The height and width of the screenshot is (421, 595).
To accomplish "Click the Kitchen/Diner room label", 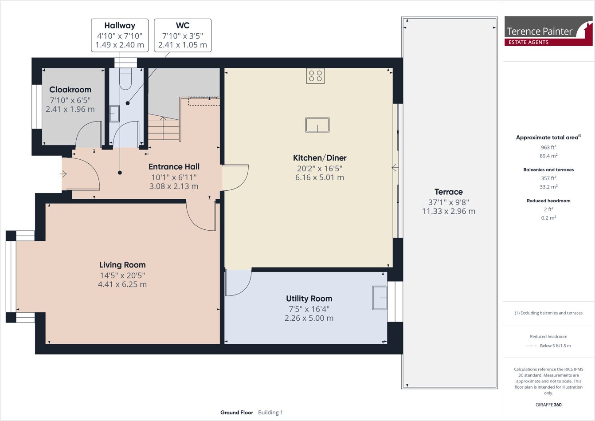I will (x=319, y=158).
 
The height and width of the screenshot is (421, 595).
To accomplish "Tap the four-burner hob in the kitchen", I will (x=315, y=76).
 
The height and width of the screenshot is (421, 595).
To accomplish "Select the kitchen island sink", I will (x=317, y=125).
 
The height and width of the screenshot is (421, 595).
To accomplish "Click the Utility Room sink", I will (x=380, y=298).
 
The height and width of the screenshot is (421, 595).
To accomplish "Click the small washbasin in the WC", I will (x=114, y=114).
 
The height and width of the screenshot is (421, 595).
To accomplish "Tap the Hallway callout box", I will (x=120, y=35).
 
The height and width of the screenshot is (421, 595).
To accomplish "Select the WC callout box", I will (x=183, y=35).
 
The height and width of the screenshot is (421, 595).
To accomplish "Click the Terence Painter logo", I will (x=548, y=31).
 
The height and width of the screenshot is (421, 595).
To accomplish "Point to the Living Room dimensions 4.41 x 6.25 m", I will (x=122, y=284).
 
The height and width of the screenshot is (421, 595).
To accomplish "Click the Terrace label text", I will (x=449, y=192).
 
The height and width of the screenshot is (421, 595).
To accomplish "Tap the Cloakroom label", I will (x=70, y=90).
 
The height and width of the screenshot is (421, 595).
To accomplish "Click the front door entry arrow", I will (x=63, y=174).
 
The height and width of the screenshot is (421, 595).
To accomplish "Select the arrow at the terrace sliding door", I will (x=395, y=168).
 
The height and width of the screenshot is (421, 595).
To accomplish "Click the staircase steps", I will (x=164, y=128).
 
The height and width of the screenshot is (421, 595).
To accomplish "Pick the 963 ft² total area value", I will (x=548, y=147).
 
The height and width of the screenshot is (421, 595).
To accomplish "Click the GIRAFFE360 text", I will (x=548, y=405).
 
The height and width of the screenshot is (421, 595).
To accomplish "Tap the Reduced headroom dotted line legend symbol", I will (x=531, y=346).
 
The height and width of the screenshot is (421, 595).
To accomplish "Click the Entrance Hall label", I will (x=174, y=167).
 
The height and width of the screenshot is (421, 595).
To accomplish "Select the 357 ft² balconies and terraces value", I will (x=548, y=178).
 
